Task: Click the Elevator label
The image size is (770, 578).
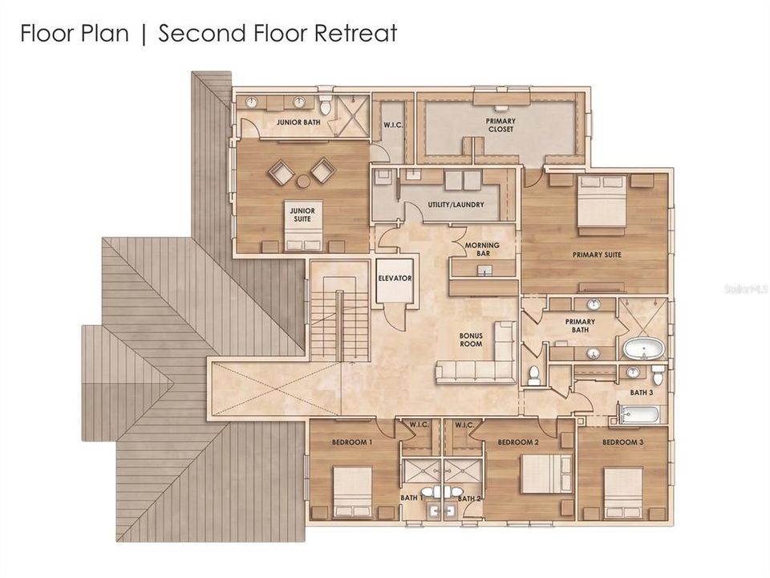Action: coord(395,279)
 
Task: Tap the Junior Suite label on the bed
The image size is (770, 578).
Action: coord(302,215)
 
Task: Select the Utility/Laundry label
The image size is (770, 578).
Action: coord(456,205)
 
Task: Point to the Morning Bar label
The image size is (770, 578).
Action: coord(482,249)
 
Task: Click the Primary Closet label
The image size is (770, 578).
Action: coord(500,125)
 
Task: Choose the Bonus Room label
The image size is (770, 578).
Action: coord(471,340)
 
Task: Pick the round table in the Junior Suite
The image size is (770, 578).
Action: coord(303,181)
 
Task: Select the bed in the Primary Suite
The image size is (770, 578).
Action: coord(602,201)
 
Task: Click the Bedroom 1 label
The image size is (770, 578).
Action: coord(351,442)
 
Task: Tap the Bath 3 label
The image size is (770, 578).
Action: coord(642,393)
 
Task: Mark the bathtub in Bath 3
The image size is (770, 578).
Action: coord(638,414)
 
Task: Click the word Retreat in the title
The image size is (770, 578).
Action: coord(355,34)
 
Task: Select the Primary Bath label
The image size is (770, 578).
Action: coord(580,326)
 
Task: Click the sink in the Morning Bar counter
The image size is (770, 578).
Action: coord(485,270)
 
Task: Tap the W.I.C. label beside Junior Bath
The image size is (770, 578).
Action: coord(393,125)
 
